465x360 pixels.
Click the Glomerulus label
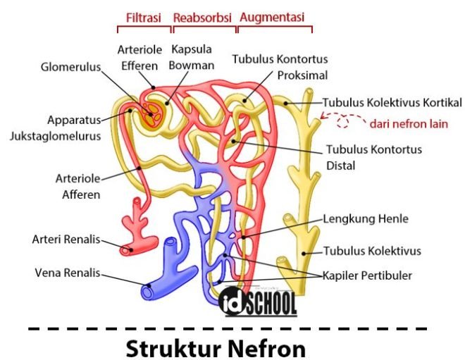click(70, 68)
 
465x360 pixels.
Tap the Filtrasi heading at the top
click(144, 16)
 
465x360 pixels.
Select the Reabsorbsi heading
click(203, 16)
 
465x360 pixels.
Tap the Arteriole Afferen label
click(78, 186)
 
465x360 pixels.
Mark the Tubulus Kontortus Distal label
click(373, 157)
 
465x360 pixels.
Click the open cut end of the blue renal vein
click(147, 290)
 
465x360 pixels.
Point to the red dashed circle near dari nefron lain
click(343, 123)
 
